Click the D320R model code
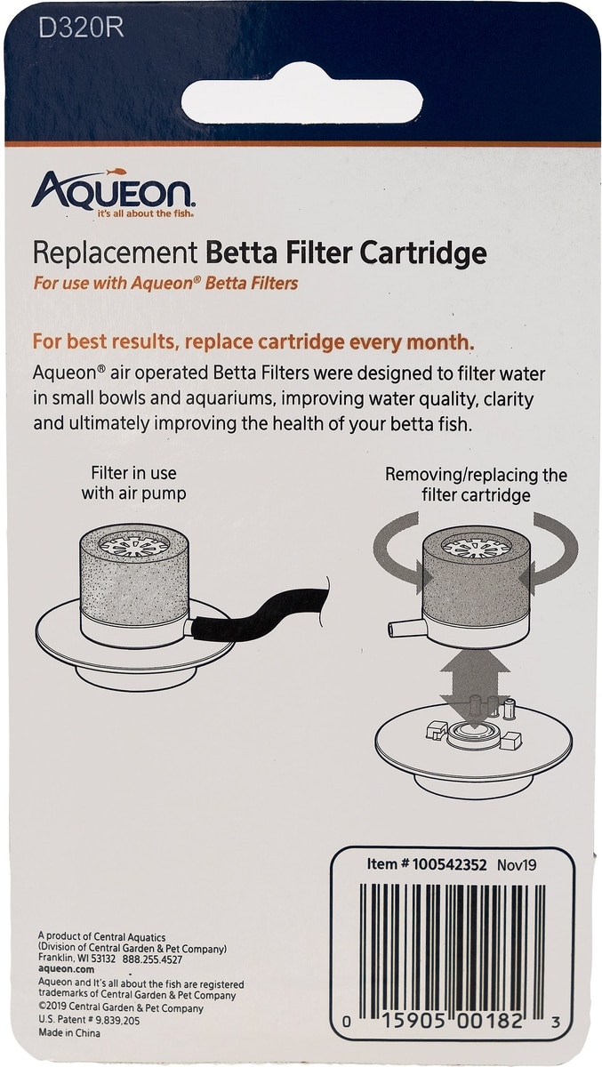tap(81, 28)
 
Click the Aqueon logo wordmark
tap(112, 192)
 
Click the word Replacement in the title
tap(116, 254)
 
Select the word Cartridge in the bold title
tap(423, 254)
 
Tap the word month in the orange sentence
tap(437, 342)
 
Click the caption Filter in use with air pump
tap(134, 483)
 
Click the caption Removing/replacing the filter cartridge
tap(477, 485)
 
